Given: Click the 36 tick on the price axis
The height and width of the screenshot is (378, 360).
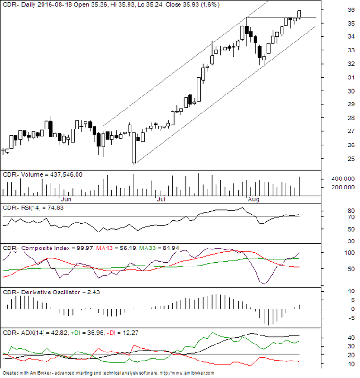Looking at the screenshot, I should tap(338, 9).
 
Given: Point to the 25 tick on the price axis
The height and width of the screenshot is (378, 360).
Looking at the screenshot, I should tap(338, 159).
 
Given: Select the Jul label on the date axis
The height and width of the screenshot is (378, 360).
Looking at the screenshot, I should tap(161, 199).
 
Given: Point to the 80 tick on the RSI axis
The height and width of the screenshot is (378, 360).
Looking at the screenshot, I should tap(338, 211).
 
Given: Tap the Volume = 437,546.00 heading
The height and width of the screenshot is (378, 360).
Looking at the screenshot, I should tap(43, 174).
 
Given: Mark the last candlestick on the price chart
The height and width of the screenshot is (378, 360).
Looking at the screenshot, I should tap(300, 14).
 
